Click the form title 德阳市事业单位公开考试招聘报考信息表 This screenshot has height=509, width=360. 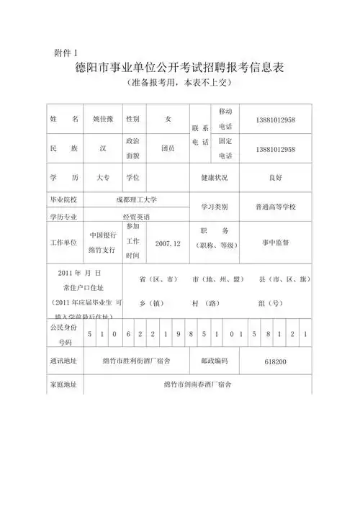(179, 69)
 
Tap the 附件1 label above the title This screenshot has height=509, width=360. (69, 52)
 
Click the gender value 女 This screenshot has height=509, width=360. (168, 118)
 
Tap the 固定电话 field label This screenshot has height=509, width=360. (225, 148)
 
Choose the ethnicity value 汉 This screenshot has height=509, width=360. (104, 148)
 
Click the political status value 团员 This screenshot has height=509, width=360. (168, 148)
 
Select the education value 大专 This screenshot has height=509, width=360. (104, 177)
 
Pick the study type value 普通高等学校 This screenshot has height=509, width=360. (275, 207)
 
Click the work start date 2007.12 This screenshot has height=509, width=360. (168, 244)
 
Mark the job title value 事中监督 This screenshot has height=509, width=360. (275, 243)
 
